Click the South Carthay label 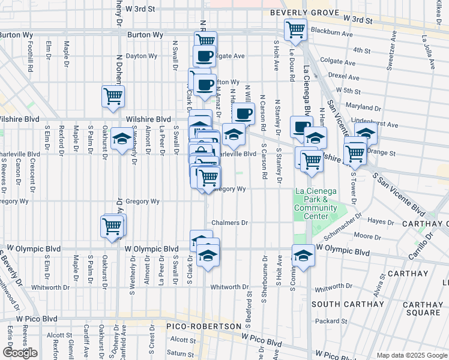(x=348, y=304)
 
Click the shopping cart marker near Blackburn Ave (x=295, y=29)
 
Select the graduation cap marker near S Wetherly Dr (x=122, y=140)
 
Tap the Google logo (x=20, y=353)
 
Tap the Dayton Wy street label (x=141, y=56)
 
